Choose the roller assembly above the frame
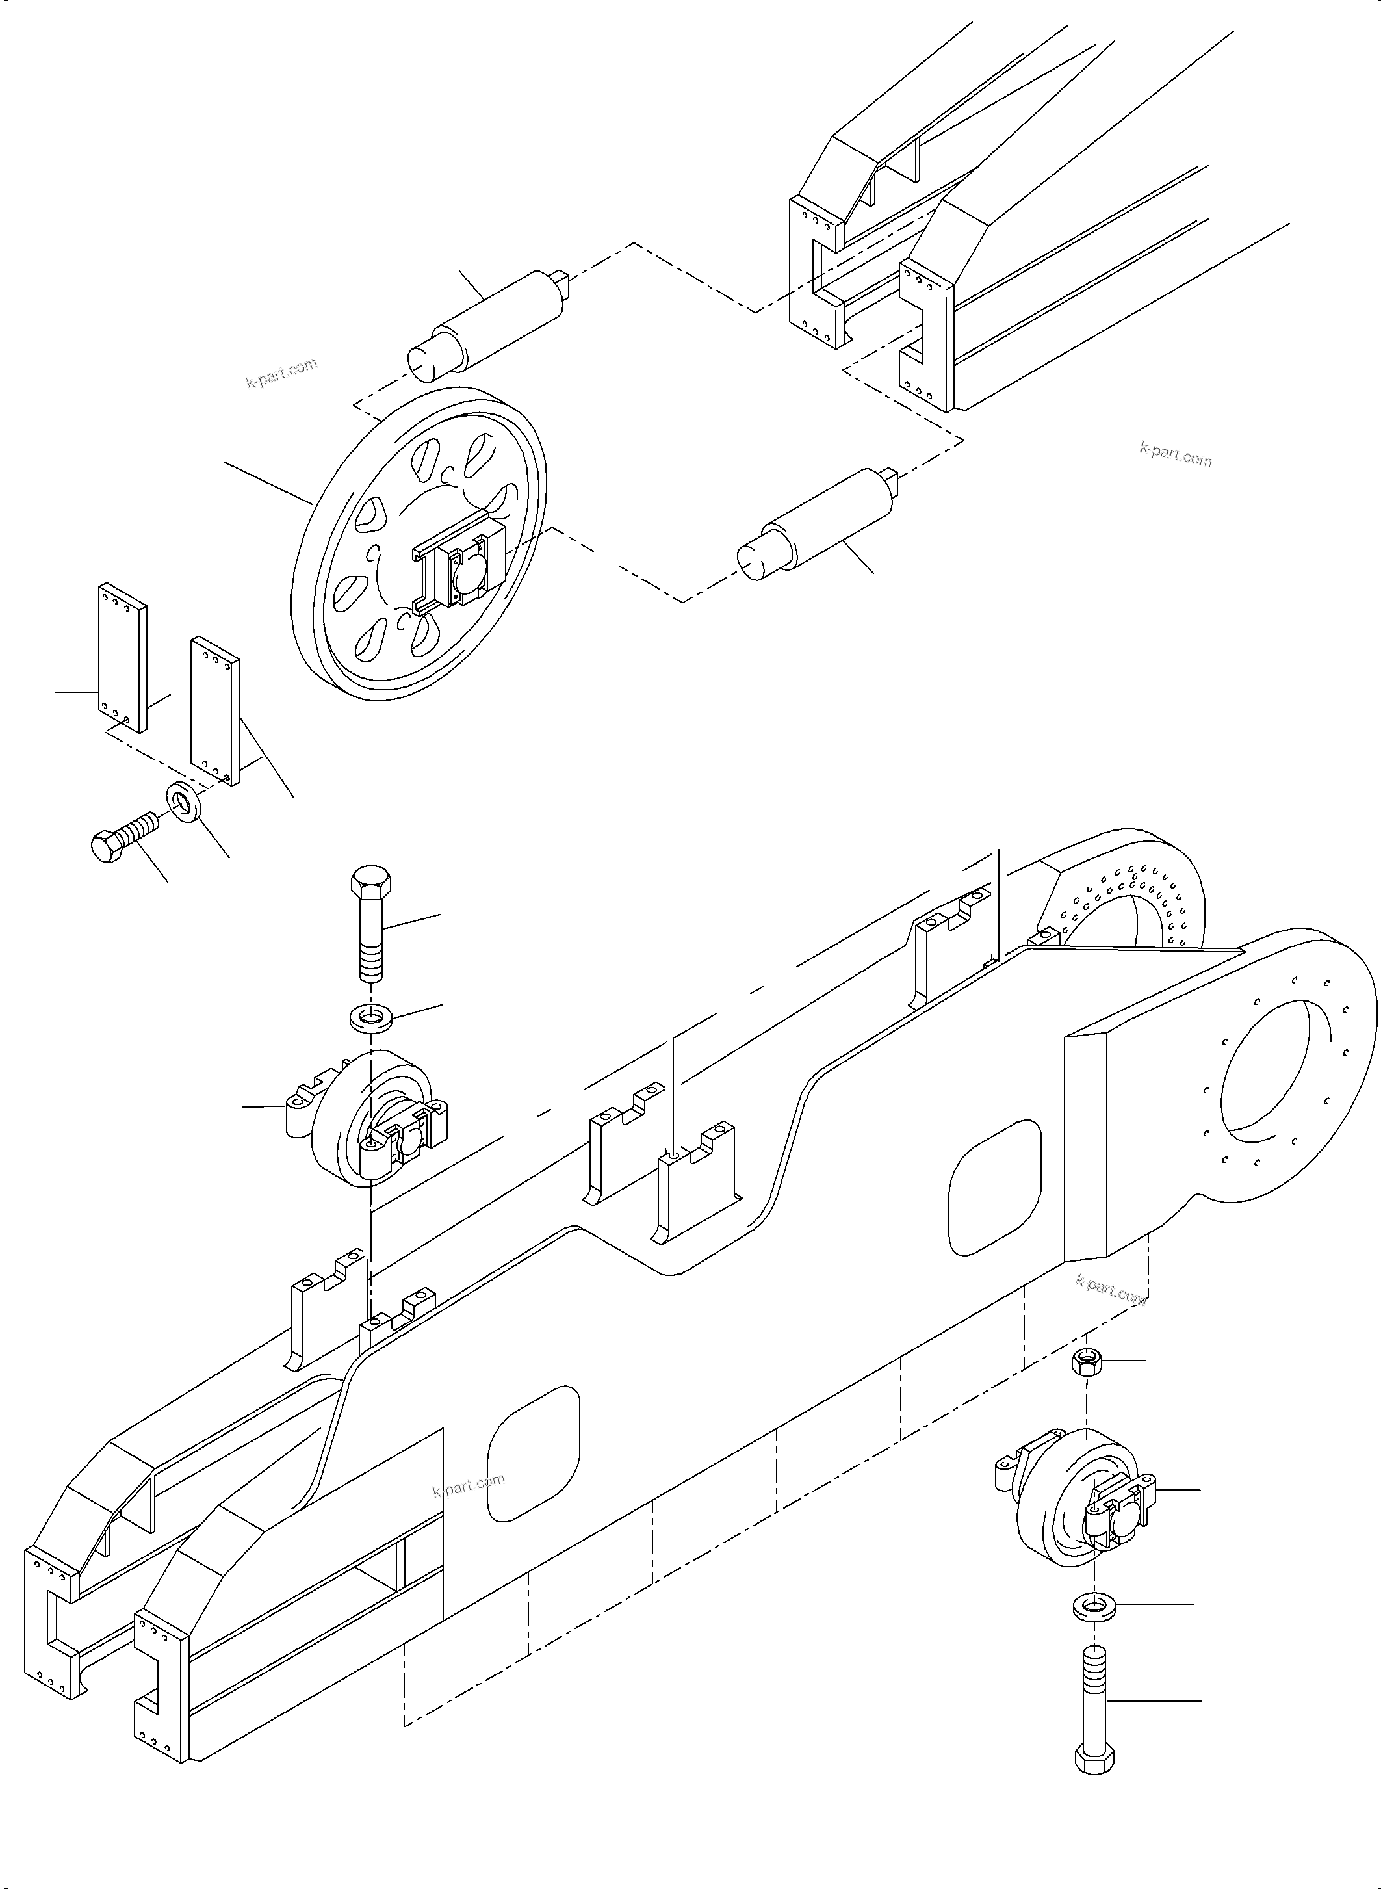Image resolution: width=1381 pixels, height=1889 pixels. tap(368, 1121)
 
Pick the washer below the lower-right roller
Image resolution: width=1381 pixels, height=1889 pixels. tap(1092, 1606)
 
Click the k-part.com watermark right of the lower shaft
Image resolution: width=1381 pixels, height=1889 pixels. tap(1174, 456)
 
